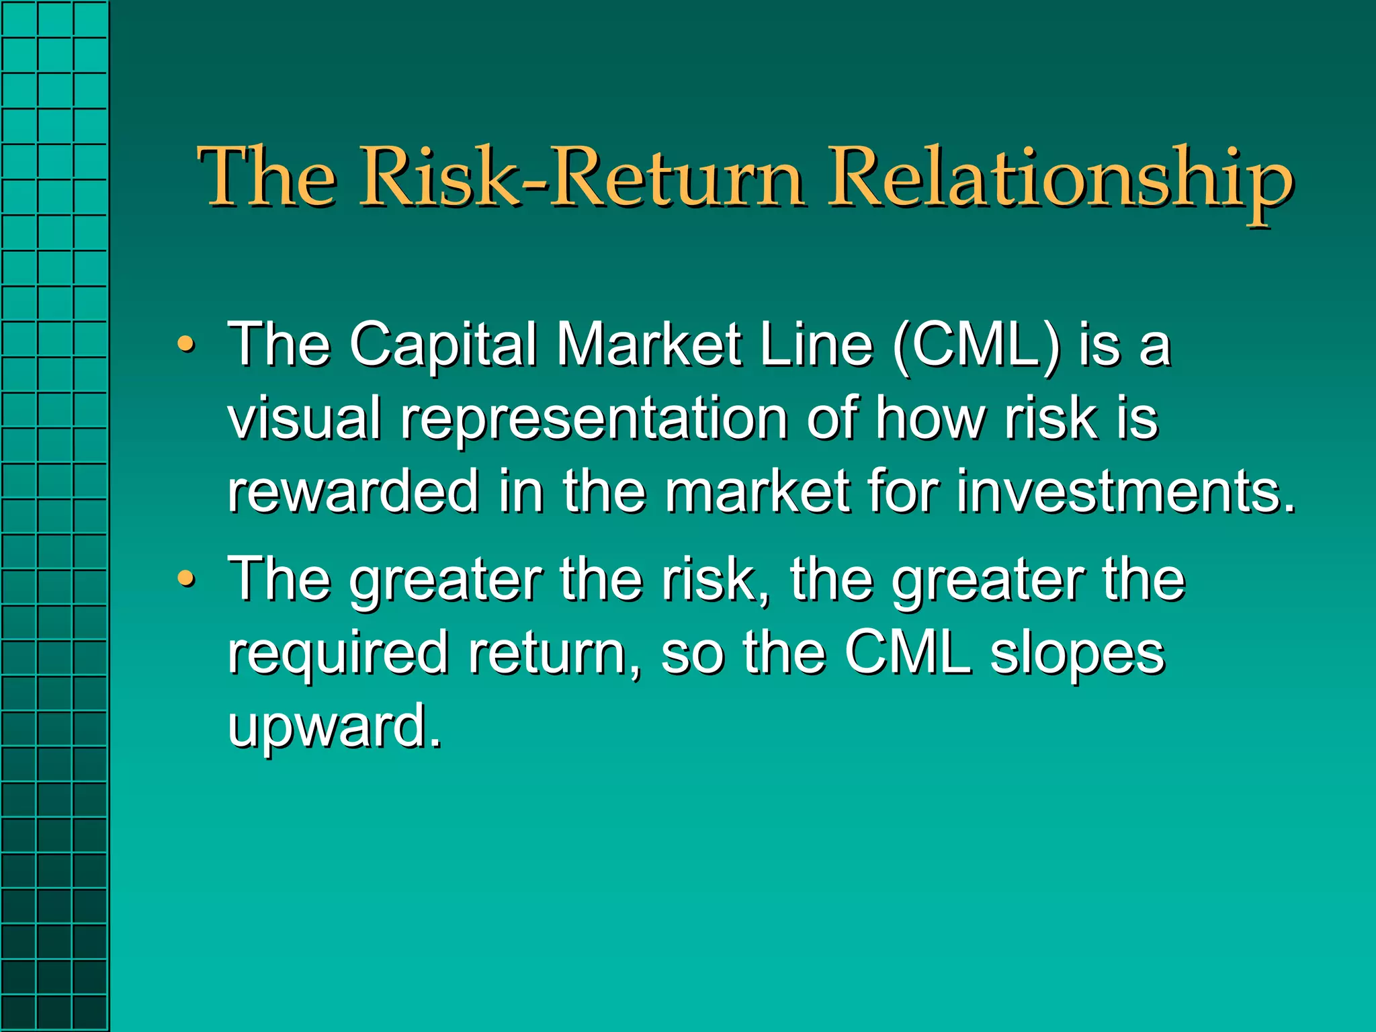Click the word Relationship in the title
[1060, 179]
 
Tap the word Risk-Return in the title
[582, 179]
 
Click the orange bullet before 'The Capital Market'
[186, 344]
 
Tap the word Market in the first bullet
[649, 345]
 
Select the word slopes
[1078, 654]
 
